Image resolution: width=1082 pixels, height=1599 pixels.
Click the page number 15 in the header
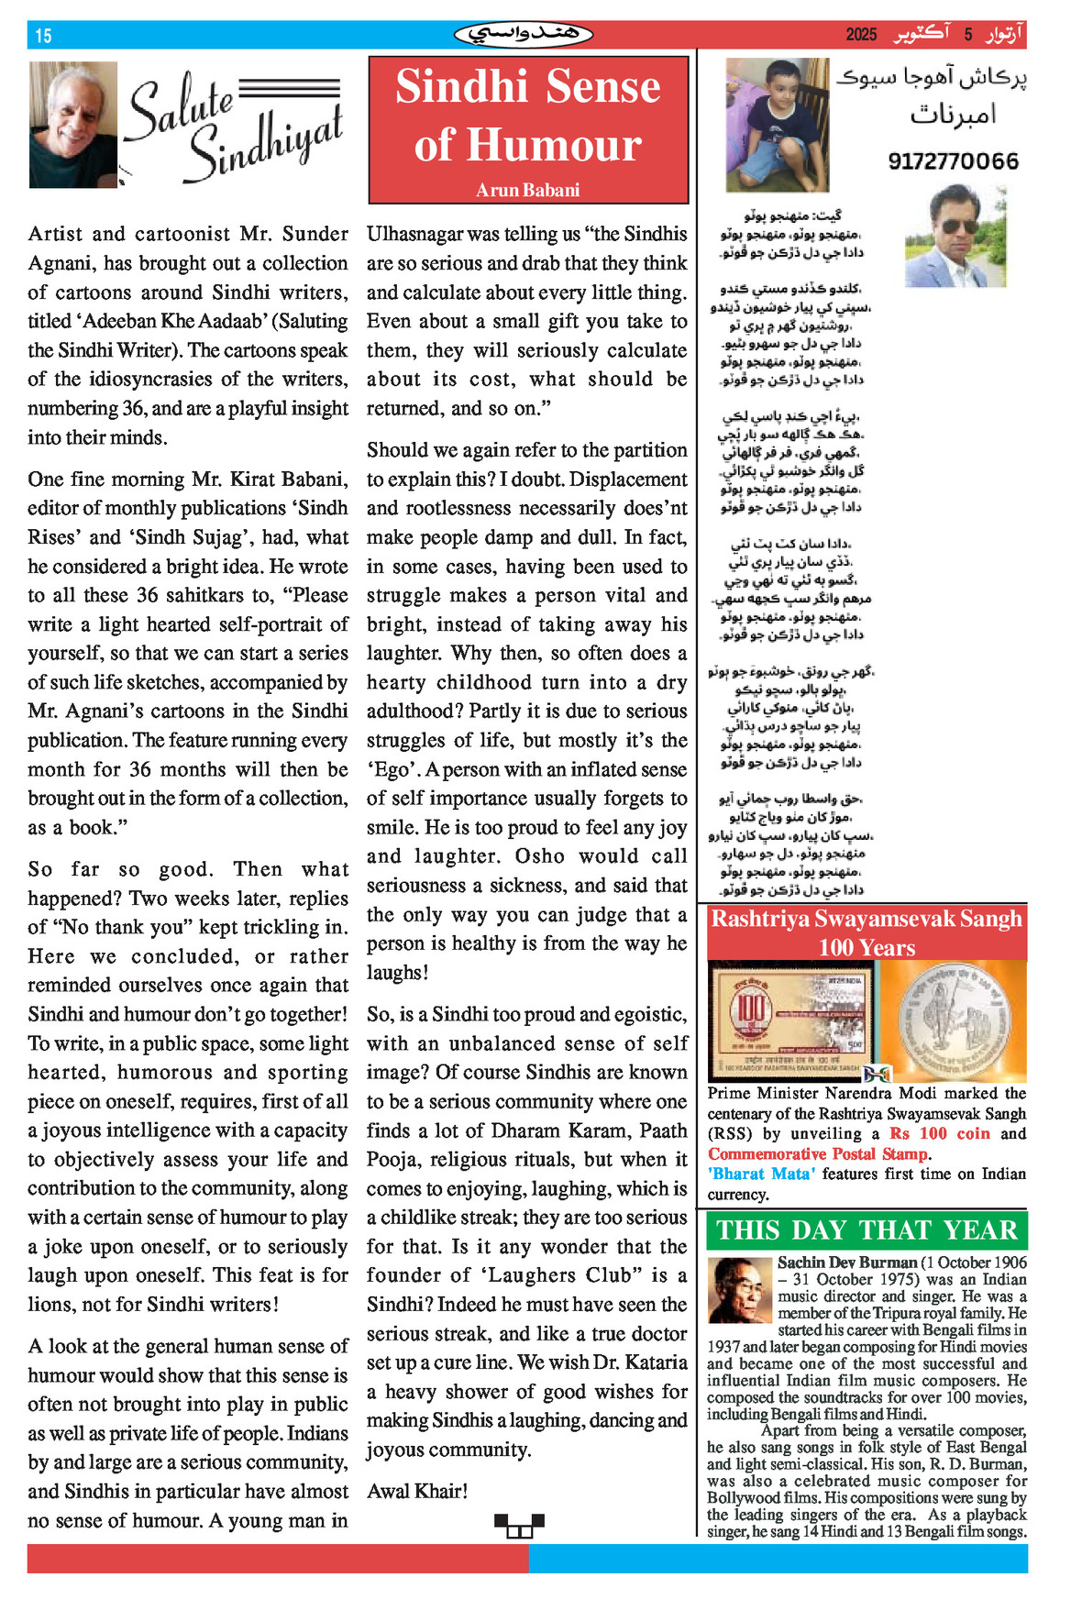point(43,36)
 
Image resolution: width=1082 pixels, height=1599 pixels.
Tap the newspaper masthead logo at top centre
point(524,35)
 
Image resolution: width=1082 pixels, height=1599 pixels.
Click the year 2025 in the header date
point(861,35)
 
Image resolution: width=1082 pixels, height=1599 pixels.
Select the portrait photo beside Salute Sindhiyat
point(73,125)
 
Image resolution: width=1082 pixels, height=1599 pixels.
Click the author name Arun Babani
point(527,191)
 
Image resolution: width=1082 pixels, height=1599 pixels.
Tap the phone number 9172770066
point(953,162)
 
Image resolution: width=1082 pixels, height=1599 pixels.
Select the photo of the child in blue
point(777,125)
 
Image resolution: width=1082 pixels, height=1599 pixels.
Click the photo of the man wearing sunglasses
point(955,237)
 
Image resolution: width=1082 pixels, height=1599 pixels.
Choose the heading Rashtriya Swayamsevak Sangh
point(866,919)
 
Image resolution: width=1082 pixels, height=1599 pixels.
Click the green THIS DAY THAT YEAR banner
point(867,1230)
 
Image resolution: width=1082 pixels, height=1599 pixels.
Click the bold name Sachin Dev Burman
point(847,1263)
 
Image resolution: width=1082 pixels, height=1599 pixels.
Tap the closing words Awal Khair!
point(417,1491)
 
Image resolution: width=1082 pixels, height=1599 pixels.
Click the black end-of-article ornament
point(519,1526)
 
